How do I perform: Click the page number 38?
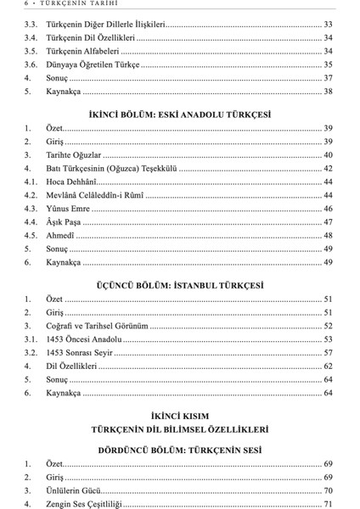tap(327, 91)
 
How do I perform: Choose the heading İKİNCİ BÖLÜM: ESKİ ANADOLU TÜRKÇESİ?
tap(179, 113)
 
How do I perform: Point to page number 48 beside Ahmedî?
tap(327, 235)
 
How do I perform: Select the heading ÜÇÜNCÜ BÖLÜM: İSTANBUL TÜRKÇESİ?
tap(179, 284)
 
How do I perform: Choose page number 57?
tap(327, 353)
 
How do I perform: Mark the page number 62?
tap(327, 366)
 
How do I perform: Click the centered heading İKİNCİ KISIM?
tap(179, 417)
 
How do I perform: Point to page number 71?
tap(327, 505)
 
